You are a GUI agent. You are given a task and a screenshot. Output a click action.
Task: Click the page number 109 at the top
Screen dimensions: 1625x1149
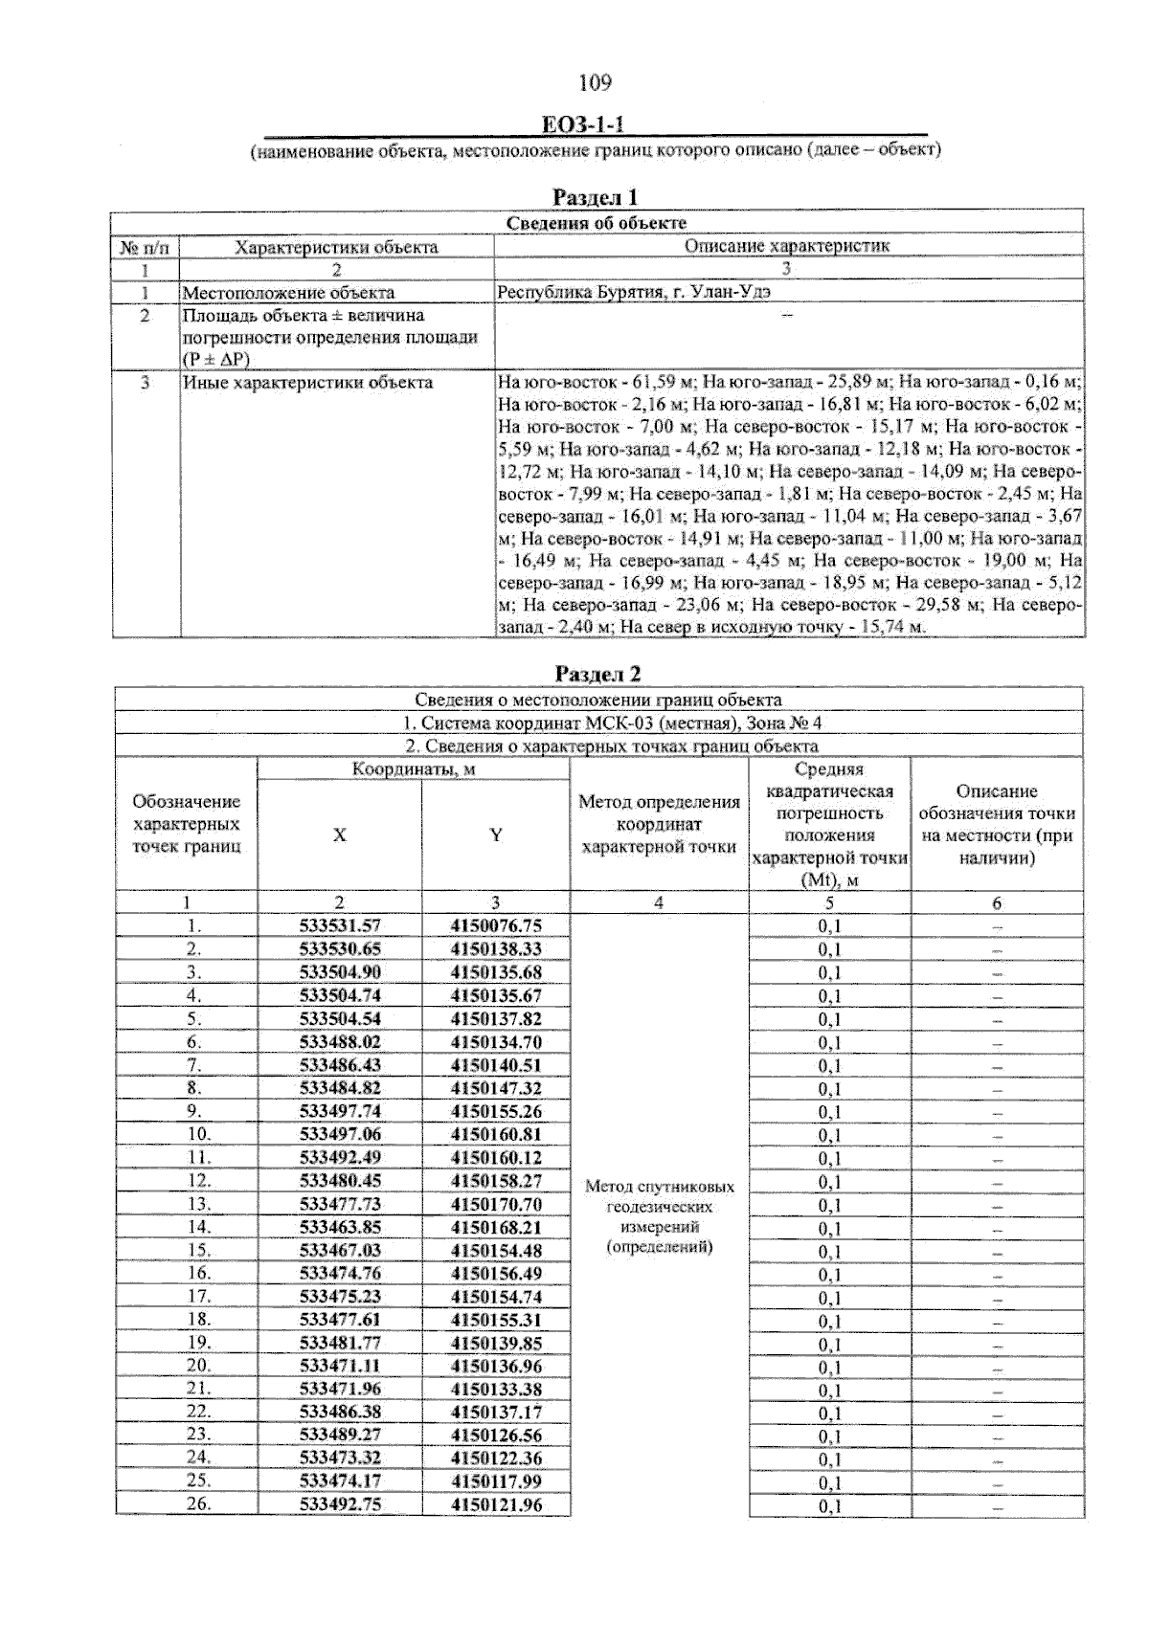coord(595,83)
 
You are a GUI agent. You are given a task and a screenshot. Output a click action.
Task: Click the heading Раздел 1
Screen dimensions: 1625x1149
coord(596,197)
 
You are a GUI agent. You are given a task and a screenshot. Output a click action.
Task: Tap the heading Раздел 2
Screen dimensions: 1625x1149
coord(597,674)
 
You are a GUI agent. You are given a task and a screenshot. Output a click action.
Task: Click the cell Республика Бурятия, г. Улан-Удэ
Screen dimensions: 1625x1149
coord(634,293)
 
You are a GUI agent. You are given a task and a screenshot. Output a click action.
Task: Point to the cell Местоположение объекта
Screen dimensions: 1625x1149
coord(288,293)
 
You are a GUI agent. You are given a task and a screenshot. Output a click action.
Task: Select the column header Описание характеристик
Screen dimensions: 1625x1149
coord(787,246)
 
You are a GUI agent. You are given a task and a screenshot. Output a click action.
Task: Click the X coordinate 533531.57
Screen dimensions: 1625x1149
coord(340,925)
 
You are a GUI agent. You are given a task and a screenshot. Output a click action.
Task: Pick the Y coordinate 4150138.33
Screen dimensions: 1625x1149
coord(496,948)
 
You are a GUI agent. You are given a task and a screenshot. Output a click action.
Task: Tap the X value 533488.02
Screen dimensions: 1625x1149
coord(340,1042)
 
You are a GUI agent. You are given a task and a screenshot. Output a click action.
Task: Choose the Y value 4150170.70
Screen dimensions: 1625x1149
coord(496,1204)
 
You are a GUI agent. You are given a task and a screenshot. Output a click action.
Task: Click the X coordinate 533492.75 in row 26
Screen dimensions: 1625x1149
coord(340,1505)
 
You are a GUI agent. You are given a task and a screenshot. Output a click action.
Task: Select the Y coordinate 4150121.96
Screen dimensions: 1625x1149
coord(496,1505)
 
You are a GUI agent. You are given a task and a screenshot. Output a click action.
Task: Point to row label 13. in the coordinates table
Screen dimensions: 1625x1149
coord(198,1204)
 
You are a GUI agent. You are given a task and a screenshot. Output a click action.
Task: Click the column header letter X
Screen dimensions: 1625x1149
coord(339,835)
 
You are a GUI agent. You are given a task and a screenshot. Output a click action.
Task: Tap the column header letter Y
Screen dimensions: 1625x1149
coord(496,835)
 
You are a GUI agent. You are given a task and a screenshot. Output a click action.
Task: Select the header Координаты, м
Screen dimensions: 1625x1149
coord(414,769)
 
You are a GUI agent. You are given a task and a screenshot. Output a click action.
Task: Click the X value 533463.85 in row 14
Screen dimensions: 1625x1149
coord(340,1227)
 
